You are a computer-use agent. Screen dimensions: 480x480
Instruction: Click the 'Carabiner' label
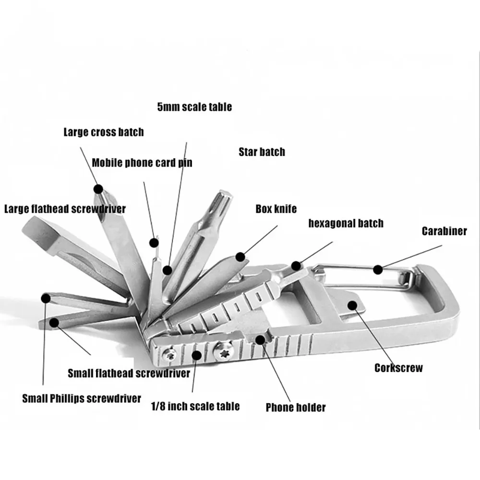444,231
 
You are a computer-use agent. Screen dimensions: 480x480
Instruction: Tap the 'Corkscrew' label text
398,368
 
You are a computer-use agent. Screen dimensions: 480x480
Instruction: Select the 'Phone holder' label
296,408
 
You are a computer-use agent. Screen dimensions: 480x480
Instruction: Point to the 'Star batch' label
262,152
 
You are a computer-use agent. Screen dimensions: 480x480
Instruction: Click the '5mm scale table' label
194,107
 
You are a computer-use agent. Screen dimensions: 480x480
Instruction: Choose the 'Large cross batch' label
104,132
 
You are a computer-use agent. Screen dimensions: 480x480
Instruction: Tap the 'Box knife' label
276,209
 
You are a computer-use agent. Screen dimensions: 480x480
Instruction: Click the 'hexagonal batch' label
346,223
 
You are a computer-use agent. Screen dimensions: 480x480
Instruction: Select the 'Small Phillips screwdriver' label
82,398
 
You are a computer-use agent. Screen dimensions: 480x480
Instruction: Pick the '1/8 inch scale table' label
195,406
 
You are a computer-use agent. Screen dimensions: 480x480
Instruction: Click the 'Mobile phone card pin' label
142,163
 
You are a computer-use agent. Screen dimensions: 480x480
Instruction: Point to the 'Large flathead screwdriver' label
65,209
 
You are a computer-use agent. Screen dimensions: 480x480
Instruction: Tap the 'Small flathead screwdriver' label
129,373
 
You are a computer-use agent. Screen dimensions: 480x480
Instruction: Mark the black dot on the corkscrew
353,305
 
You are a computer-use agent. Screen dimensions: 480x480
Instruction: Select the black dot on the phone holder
260,340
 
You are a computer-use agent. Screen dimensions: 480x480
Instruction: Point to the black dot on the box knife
240,257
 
